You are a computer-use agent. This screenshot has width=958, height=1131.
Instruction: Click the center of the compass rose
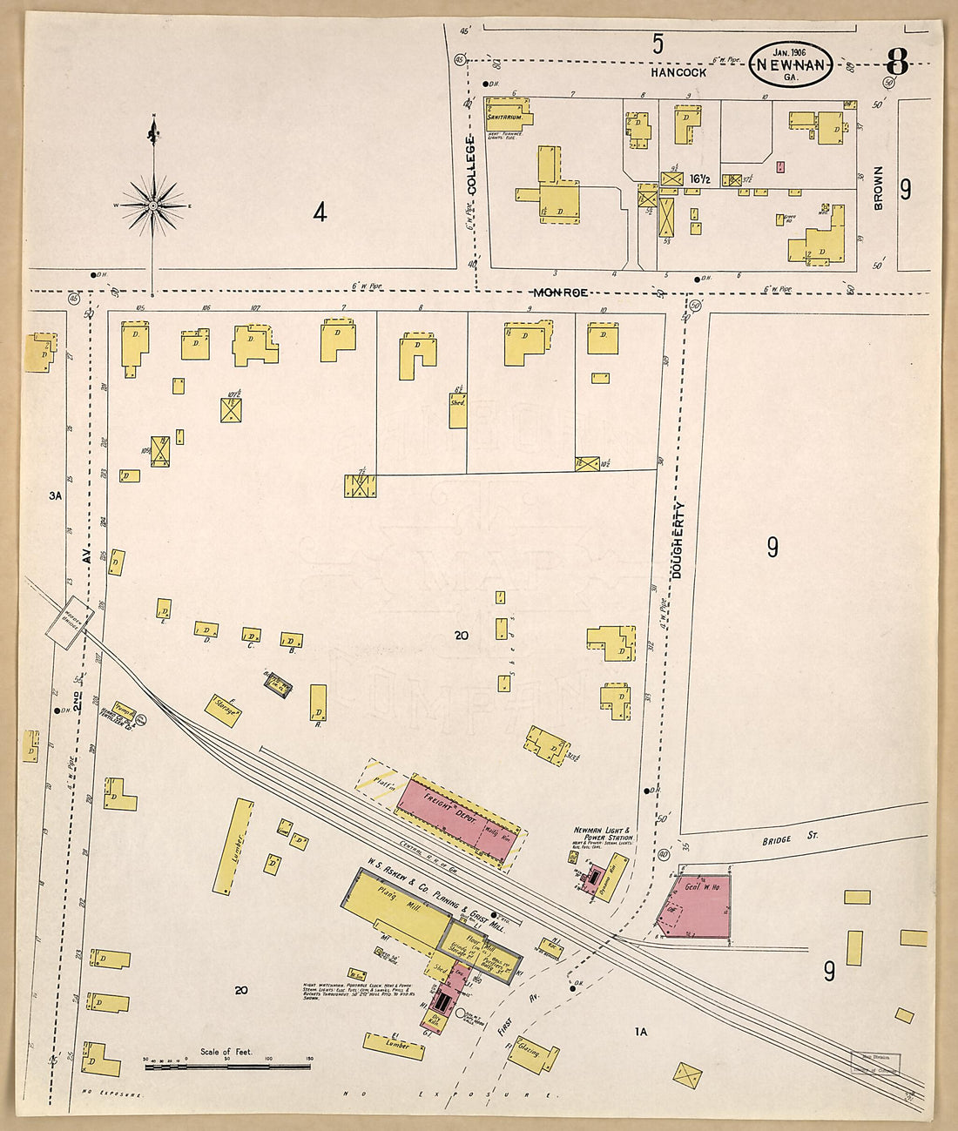[153, 205]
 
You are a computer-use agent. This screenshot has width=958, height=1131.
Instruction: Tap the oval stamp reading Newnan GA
[791, 65]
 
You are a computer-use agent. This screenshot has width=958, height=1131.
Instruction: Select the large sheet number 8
[897, 64]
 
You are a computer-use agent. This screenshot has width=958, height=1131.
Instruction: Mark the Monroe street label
[561, 293]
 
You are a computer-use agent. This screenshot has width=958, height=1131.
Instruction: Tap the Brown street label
[878, 188]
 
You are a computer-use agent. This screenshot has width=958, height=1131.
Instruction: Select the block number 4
[320, 212]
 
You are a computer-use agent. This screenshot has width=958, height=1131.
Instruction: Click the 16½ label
[701, 179]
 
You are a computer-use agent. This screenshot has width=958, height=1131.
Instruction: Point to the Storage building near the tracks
[223, 710]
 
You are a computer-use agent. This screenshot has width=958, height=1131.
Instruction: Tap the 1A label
[641, 1032]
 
